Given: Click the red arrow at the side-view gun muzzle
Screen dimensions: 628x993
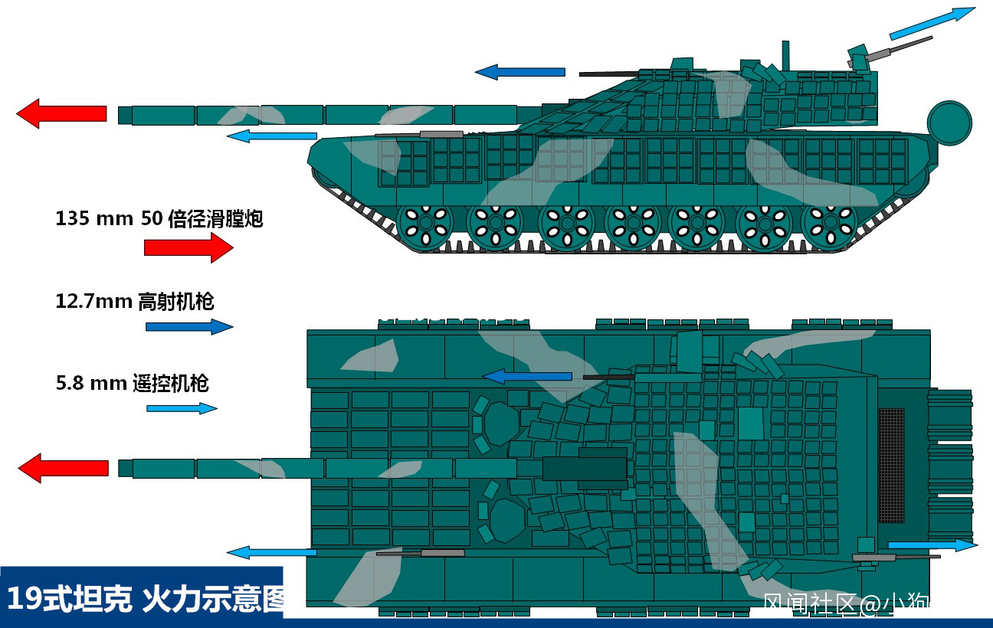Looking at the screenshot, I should [61, 113].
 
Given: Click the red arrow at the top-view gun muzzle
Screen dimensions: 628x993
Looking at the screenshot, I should [63, 468].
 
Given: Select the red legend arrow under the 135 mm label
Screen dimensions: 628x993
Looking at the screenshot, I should [188, 247].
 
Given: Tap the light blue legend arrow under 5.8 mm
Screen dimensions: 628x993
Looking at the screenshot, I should [182, 408].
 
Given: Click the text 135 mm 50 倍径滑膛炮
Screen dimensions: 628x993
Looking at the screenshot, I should [159, 218].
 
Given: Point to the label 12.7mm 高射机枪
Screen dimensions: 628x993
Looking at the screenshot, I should [134, 301].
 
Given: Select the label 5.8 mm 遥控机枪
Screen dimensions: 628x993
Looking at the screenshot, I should [132, 383].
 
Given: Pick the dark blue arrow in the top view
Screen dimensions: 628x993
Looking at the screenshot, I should [526, 376].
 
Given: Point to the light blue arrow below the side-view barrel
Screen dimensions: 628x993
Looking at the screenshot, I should [272, 136].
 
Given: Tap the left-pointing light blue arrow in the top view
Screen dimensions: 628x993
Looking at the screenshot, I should [271, 551].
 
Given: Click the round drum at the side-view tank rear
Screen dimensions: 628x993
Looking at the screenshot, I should [949, 123].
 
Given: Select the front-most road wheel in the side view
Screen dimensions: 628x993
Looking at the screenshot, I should [421, 225].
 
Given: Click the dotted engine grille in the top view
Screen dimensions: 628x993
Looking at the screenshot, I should [890, 466].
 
